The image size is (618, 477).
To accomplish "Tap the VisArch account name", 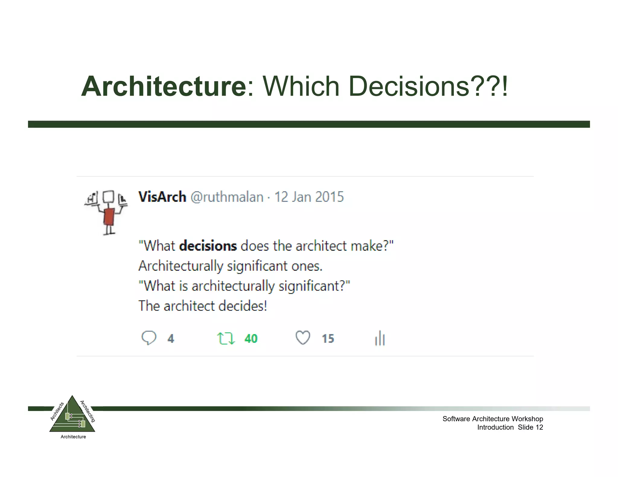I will (x=162, y=197).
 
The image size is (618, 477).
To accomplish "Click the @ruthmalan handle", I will (x=227, y=197).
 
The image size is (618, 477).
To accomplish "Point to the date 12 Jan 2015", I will (x=309, y=197).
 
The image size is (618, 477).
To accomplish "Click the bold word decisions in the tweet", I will (x=208, y=246).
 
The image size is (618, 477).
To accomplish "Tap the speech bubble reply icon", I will (x=149, y=338).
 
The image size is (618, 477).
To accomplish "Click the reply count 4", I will (x=171, y=339).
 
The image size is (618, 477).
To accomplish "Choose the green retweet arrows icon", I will (x=226, y=338).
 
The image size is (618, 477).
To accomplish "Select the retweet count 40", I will (x=251, y=339).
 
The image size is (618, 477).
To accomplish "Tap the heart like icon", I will (x=303, y=338).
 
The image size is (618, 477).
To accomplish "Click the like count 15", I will (x=328, y=339).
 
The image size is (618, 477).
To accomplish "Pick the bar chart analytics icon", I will (x=380, y=338).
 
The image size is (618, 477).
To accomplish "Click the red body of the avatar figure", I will (x=109, y=216).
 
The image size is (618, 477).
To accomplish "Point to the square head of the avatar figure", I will (x=108, y=197).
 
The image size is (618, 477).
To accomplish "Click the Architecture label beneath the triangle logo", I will (x=73, y=437).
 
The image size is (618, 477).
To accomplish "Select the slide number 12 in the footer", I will (x=539, y=427).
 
